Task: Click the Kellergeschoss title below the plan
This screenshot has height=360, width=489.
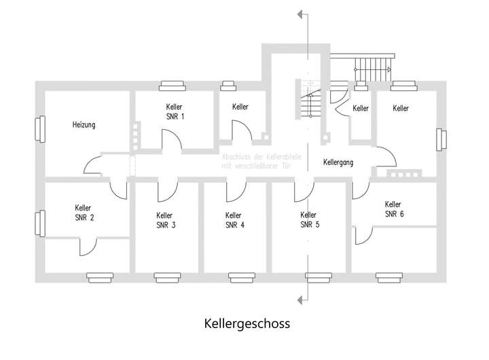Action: [247, 323]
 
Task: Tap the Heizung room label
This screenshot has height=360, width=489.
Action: [84, 125]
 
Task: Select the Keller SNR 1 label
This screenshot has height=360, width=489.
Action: [175, 112]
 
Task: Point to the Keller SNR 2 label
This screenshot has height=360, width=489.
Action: [84, 213]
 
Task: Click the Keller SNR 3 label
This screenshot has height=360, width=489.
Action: [166, 220]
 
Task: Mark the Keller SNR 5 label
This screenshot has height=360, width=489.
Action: [308, 220]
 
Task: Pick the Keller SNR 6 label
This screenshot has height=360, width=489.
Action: [393, 209]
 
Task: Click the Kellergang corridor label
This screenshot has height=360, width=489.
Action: [338, 162]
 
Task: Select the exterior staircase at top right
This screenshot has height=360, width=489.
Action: [373, 69]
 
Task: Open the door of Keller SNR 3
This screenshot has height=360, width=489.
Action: [166, 192]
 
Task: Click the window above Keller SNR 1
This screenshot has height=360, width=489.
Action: [171, 86]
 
